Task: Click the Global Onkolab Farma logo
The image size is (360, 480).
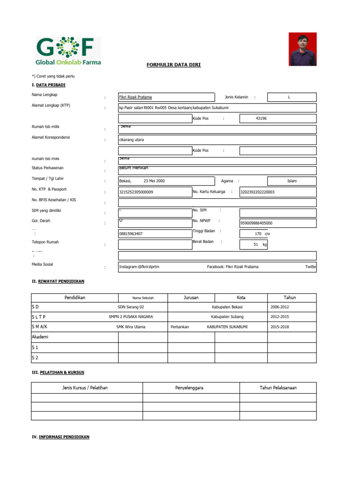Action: [68, 51]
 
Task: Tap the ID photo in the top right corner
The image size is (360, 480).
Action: [302, 49]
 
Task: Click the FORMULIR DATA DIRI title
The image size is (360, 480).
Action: [173, 65]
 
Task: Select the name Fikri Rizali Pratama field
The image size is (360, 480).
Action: [135, 97]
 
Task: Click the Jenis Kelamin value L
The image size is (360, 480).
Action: [289, 97]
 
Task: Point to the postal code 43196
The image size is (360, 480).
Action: [261, 119]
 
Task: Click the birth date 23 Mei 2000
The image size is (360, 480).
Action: [154, 181]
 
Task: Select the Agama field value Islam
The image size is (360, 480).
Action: [292, 181]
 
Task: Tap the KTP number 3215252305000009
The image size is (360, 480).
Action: [136, 192]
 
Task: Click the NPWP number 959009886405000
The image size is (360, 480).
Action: [256, 223]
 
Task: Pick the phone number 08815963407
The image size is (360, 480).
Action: [131, 233]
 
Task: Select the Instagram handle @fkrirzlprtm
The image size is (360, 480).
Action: [139, 267]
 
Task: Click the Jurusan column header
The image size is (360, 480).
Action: [191, 298]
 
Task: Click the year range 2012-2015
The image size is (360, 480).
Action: [280, 317]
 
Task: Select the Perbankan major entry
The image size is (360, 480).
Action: [180, 327]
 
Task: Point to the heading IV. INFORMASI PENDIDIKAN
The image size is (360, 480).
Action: [60, 437]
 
